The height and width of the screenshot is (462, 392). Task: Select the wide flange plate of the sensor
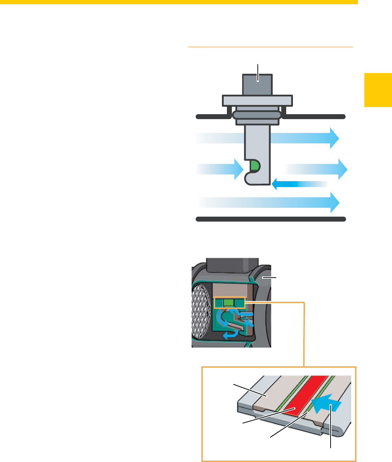point(257,101)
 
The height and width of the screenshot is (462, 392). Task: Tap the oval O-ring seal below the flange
point(257,115)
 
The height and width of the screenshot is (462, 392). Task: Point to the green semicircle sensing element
point(255,165)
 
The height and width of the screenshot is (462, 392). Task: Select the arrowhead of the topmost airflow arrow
point(334,138)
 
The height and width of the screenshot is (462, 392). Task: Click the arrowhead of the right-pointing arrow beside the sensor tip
point(342,169)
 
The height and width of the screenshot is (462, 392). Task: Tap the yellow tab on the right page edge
point(378,90)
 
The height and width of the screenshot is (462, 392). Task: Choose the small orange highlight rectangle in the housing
point(230,302)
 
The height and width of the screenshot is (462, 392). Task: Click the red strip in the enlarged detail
point(305,394)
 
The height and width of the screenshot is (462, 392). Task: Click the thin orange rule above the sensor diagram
point(270,47)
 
